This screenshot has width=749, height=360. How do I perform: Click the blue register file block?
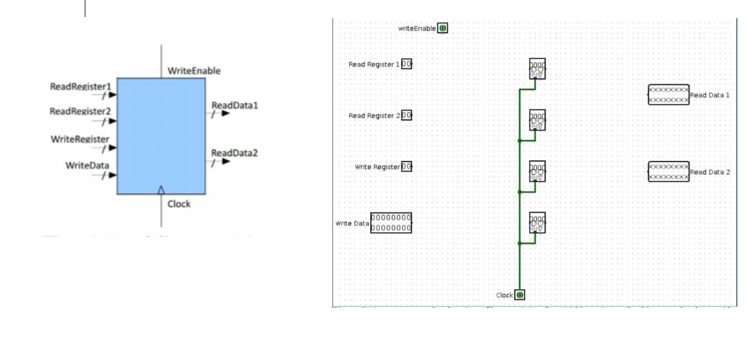[161, 135]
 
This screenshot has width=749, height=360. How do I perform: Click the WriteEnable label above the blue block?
[194, 71]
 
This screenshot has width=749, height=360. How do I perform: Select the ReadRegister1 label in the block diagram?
[80, 86]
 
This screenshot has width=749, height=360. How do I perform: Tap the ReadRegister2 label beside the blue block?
[80, 111]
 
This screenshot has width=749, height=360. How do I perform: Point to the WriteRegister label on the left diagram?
[80, 139]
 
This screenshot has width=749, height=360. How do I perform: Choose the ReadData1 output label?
[234, 106]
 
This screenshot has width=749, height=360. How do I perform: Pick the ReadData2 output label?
[234, 153]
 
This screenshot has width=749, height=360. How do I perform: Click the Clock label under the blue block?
[179, 204]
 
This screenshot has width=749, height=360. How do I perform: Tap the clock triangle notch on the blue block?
[161, 190]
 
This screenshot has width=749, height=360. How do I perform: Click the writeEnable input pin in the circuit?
[443, 29]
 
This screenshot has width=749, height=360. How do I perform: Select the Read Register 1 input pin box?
[407, 64]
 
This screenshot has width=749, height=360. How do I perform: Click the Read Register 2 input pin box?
[407, 116]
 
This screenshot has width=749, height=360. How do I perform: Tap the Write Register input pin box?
[407, 167]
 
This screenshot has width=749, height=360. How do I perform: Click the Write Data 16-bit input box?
[391, 223]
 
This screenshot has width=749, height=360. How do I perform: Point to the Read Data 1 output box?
[668, 95]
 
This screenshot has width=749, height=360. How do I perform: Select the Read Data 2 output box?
[668, 172]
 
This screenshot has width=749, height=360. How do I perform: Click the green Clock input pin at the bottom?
[519, 295]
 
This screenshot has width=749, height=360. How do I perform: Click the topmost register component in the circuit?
[536, 69]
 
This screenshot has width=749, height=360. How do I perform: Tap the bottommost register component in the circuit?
[536, 222]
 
